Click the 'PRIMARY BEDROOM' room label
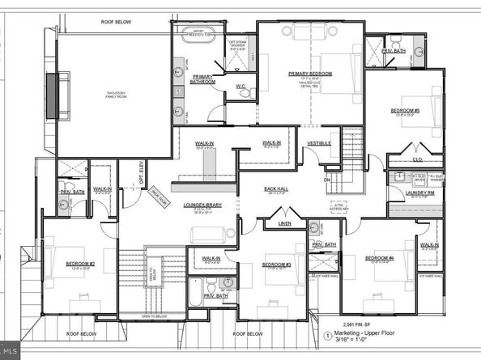click(x=305, y=73)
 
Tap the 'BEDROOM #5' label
click(x=405, y=110)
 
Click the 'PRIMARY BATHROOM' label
click(x=202, y=78)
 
